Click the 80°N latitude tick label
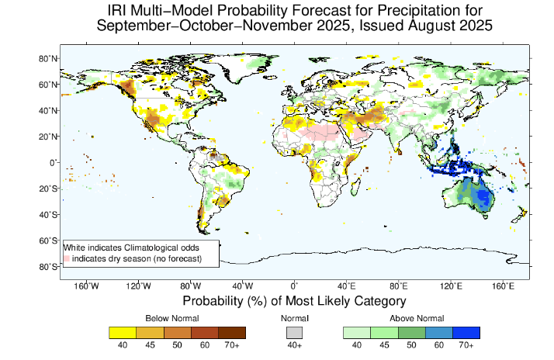click(46, 58)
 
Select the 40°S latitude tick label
click(46, 215)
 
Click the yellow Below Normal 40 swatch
click(122, 332)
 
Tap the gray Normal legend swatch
click(294, 332)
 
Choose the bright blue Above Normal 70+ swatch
click(466, 332)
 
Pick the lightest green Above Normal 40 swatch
click(356, 332)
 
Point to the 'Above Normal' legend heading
click(411, 318)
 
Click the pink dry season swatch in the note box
click(67, 257)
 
